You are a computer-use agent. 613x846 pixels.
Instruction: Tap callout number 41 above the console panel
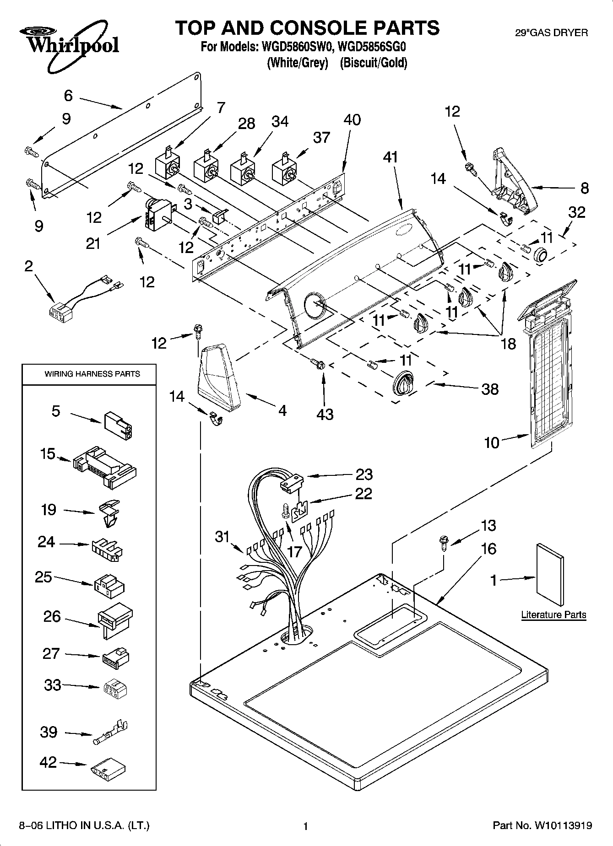[x=391, y=157]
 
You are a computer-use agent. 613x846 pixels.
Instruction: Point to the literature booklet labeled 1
[x=550, y=574]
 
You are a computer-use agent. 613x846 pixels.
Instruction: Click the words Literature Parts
[x=553, y=615]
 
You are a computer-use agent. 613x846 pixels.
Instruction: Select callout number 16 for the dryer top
[x=488, y=548]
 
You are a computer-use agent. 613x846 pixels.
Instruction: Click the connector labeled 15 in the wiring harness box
[x=104, y=467]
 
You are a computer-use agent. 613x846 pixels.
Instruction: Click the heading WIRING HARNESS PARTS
[x=92, y=374]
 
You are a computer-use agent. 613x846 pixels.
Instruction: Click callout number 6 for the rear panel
[x=68, y=96]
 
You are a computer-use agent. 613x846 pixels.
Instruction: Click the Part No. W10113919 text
[x=542, y=825]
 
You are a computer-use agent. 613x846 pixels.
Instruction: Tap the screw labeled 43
[x=318, y=364]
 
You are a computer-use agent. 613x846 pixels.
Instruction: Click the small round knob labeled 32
[x=542, y=254]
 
